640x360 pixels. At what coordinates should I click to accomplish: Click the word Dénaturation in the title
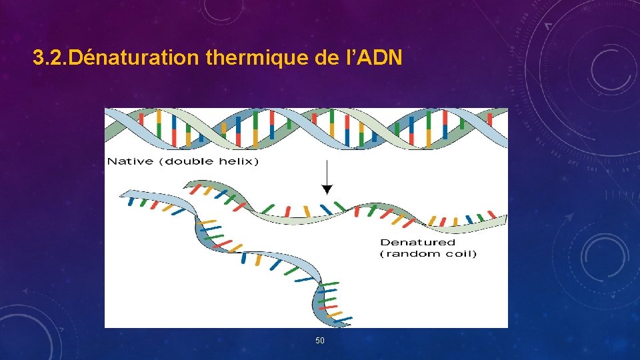coord(133,59)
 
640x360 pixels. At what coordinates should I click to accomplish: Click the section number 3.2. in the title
coord(50,59)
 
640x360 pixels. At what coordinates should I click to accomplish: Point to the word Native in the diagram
coord(130,161)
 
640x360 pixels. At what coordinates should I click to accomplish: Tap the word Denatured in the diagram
coord(417,242)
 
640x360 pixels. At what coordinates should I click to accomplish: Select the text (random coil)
coord(428,254)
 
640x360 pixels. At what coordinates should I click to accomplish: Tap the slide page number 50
coord(320,341)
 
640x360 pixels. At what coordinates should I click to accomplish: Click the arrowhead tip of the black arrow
coord(326,192)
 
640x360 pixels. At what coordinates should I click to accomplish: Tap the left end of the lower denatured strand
coord(121,195)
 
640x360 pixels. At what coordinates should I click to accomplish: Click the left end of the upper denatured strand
coord(187,183)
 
